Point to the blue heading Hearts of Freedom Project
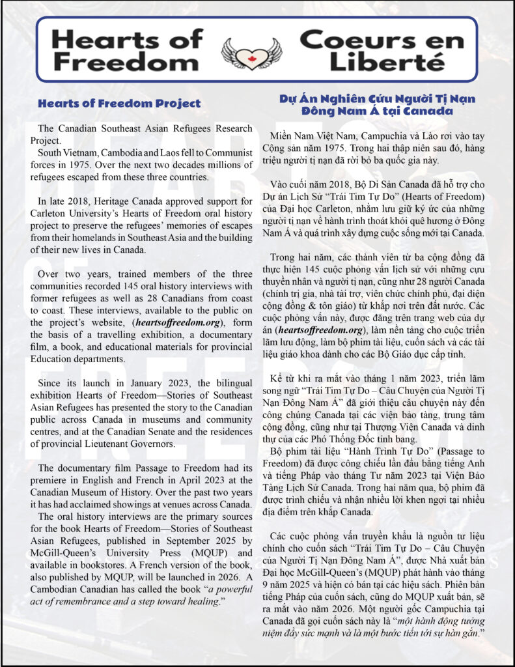click(x=119, y=103)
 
